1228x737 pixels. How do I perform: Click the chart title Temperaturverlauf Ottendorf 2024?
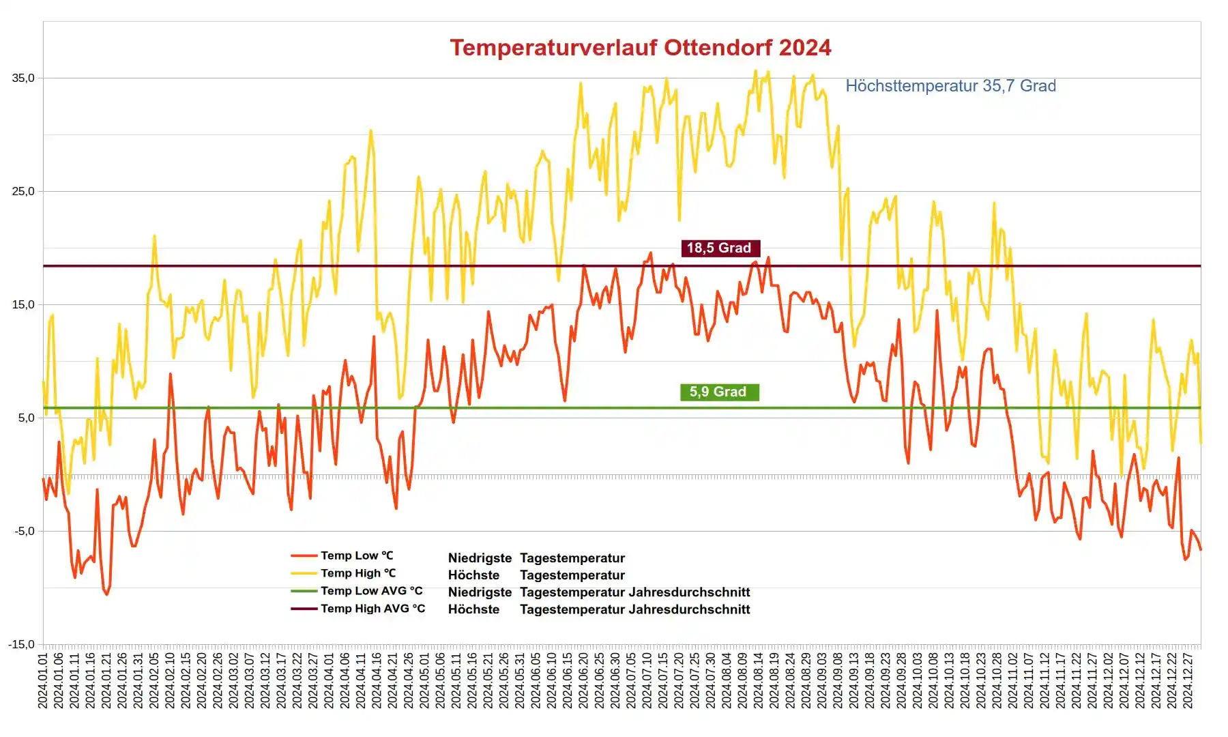pos(640,48)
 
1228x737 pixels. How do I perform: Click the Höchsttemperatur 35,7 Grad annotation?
pos(950,86)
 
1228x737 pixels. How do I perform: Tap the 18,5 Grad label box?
pos(718,248)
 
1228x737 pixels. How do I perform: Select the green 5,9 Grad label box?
pos(718,392)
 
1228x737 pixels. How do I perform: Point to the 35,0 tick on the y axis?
pos(23,78)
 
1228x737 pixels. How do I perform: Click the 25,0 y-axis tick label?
pos(23,192)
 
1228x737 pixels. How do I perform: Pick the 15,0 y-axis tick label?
pos(23,305)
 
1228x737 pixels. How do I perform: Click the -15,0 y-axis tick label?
pos(21,645)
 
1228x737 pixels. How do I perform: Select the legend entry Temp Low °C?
pos(357,556)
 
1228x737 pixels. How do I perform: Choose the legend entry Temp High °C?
pos(358,574)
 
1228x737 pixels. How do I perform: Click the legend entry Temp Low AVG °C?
pos(371,592)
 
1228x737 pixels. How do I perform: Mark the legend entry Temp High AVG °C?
pos(372,609)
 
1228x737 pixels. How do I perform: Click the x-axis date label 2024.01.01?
pos(43,681)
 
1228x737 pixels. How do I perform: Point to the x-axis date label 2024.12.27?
pos(1188,681)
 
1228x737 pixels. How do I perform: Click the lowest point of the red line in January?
pos(106,594)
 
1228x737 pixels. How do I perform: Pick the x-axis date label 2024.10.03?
pos(918,681)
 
